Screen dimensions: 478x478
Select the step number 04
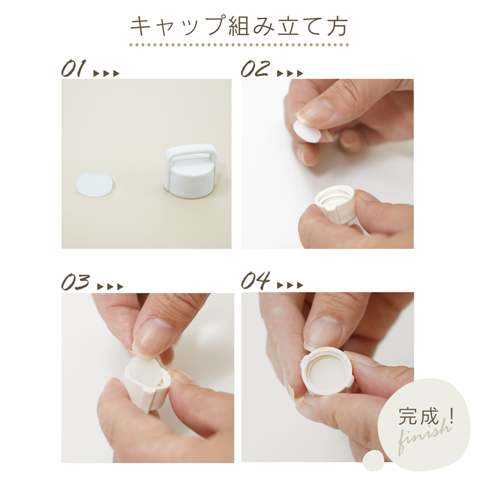click(x=256, y=280)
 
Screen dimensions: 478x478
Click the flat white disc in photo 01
click(x=96, y=184)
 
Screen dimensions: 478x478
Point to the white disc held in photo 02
click(x=306, y=131)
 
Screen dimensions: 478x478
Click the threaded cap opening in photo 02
click(x=335, y=198)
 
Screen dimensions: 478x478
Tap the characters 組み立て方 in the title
click(x=288, y=27)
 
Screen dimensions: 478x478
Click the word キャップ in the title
click(x=178, y=27)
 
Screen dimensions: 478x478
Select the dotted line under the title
click(x=239, y=45)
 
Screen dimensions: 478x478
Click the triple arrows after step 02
click(x=290, y=73)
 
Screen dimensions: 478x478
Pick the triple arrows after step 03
click(x=110, y=287)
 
